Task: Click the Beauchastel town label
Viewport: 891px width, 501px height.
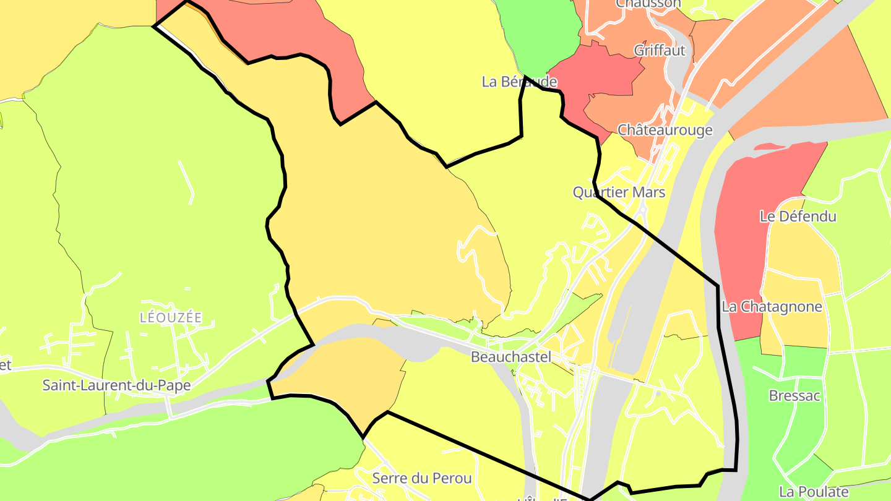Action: (x=510, y=357)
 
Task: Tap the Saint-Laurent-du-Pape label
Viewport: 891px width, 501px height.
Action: (x=116, y=385)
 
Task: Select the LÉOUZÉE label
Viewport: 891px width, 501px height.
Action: (x=171, y=318)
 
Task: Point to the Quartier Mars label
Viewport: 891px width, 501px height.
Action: (x=619, y=192)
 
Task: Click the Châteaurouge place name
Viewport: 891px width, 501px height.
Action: (x=665, y=131)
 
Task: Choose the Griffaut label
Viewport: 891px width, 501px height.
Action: (x=660, y=51)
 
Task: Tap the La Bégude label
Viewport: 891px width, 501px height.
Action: (x=519, y=82)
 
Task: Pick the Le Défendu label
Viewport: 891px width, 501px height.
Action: (x=798, y=216)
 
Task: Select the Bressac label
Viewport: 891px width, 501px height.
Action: (x=794, y=396)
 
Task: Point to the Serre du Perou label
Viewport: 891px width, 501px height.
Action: (x=422, y=478)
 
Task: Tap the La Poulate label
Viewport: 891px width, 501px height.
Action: (x=814, y=492)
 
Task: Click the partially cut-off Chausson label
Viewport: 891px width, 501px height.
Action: (x=648, y=4)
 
